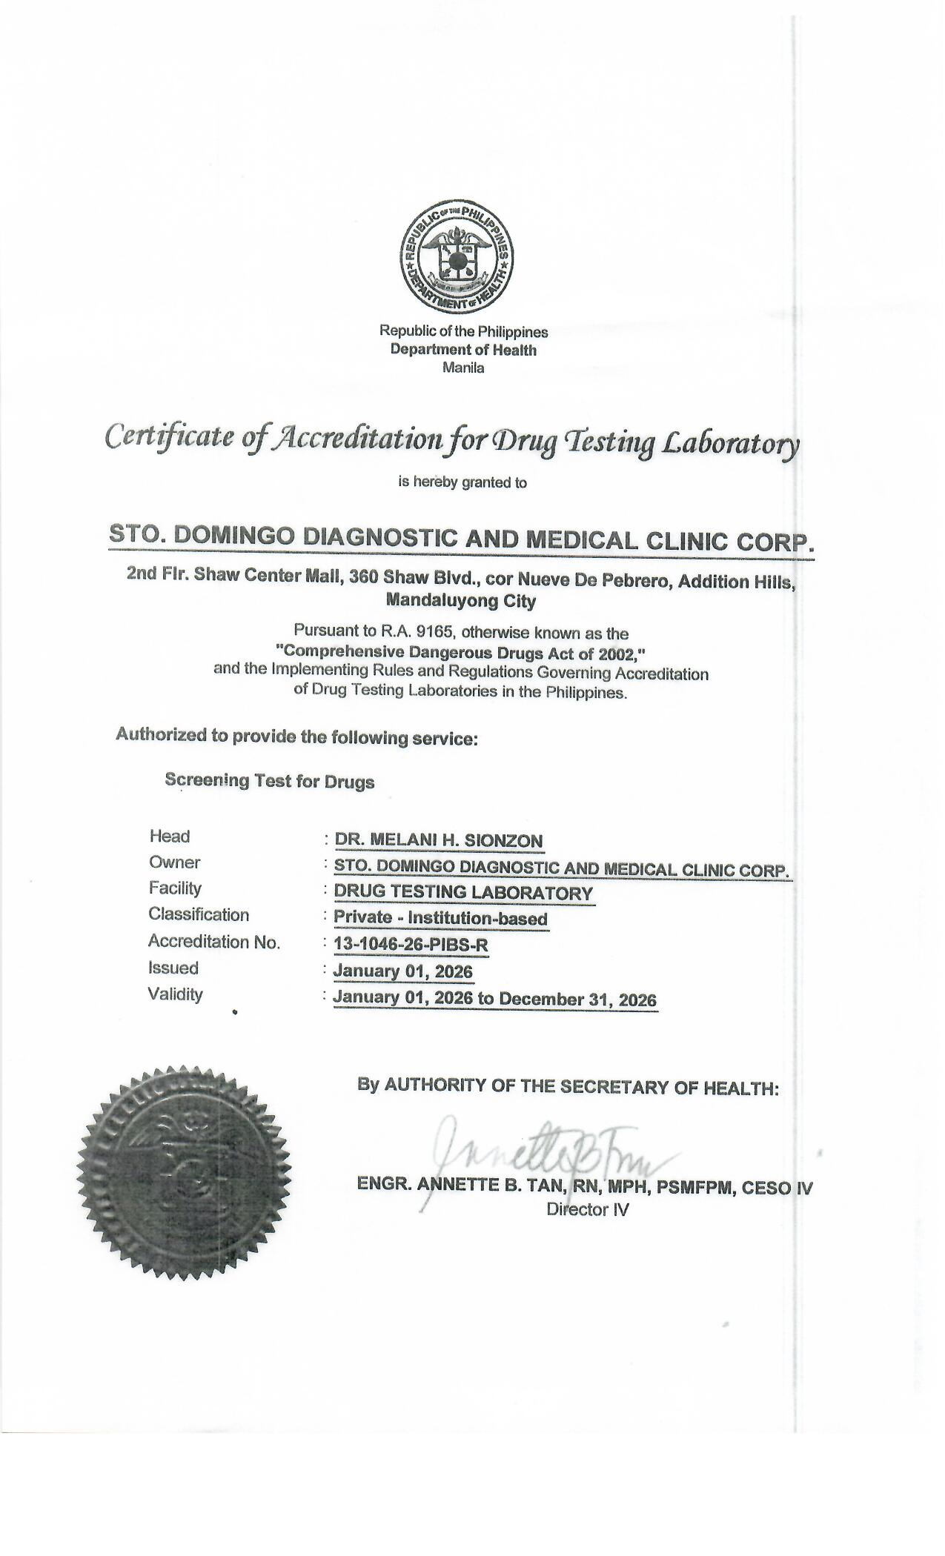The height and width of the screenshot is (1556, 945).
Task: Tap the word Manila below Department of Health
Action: point(462,368)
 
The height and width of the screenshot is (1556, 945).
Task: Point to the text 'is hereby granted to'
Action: point(462,482)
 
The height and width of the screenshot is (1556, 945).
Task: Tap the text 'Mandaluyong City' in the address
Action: point(461,601)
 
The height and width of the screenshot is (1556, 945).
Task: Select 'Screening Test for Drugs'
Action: point(269,781)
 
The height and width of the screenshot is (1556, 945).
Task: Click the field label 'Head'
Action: point(170,837)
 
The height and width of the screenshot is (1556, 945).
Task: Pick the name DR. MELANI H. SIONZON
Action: point(439,840)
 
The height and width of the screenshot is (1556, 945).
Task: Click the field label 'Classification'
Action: point(199,914)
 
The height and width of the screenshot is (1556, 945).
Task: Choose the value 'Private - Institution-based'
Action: point(440,919)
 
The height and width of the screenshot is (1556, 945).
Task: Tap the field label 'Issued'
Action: point(173,968)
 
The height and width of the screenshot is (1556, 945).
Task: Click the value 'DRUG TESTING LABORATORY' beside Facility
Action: point(464,892)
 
